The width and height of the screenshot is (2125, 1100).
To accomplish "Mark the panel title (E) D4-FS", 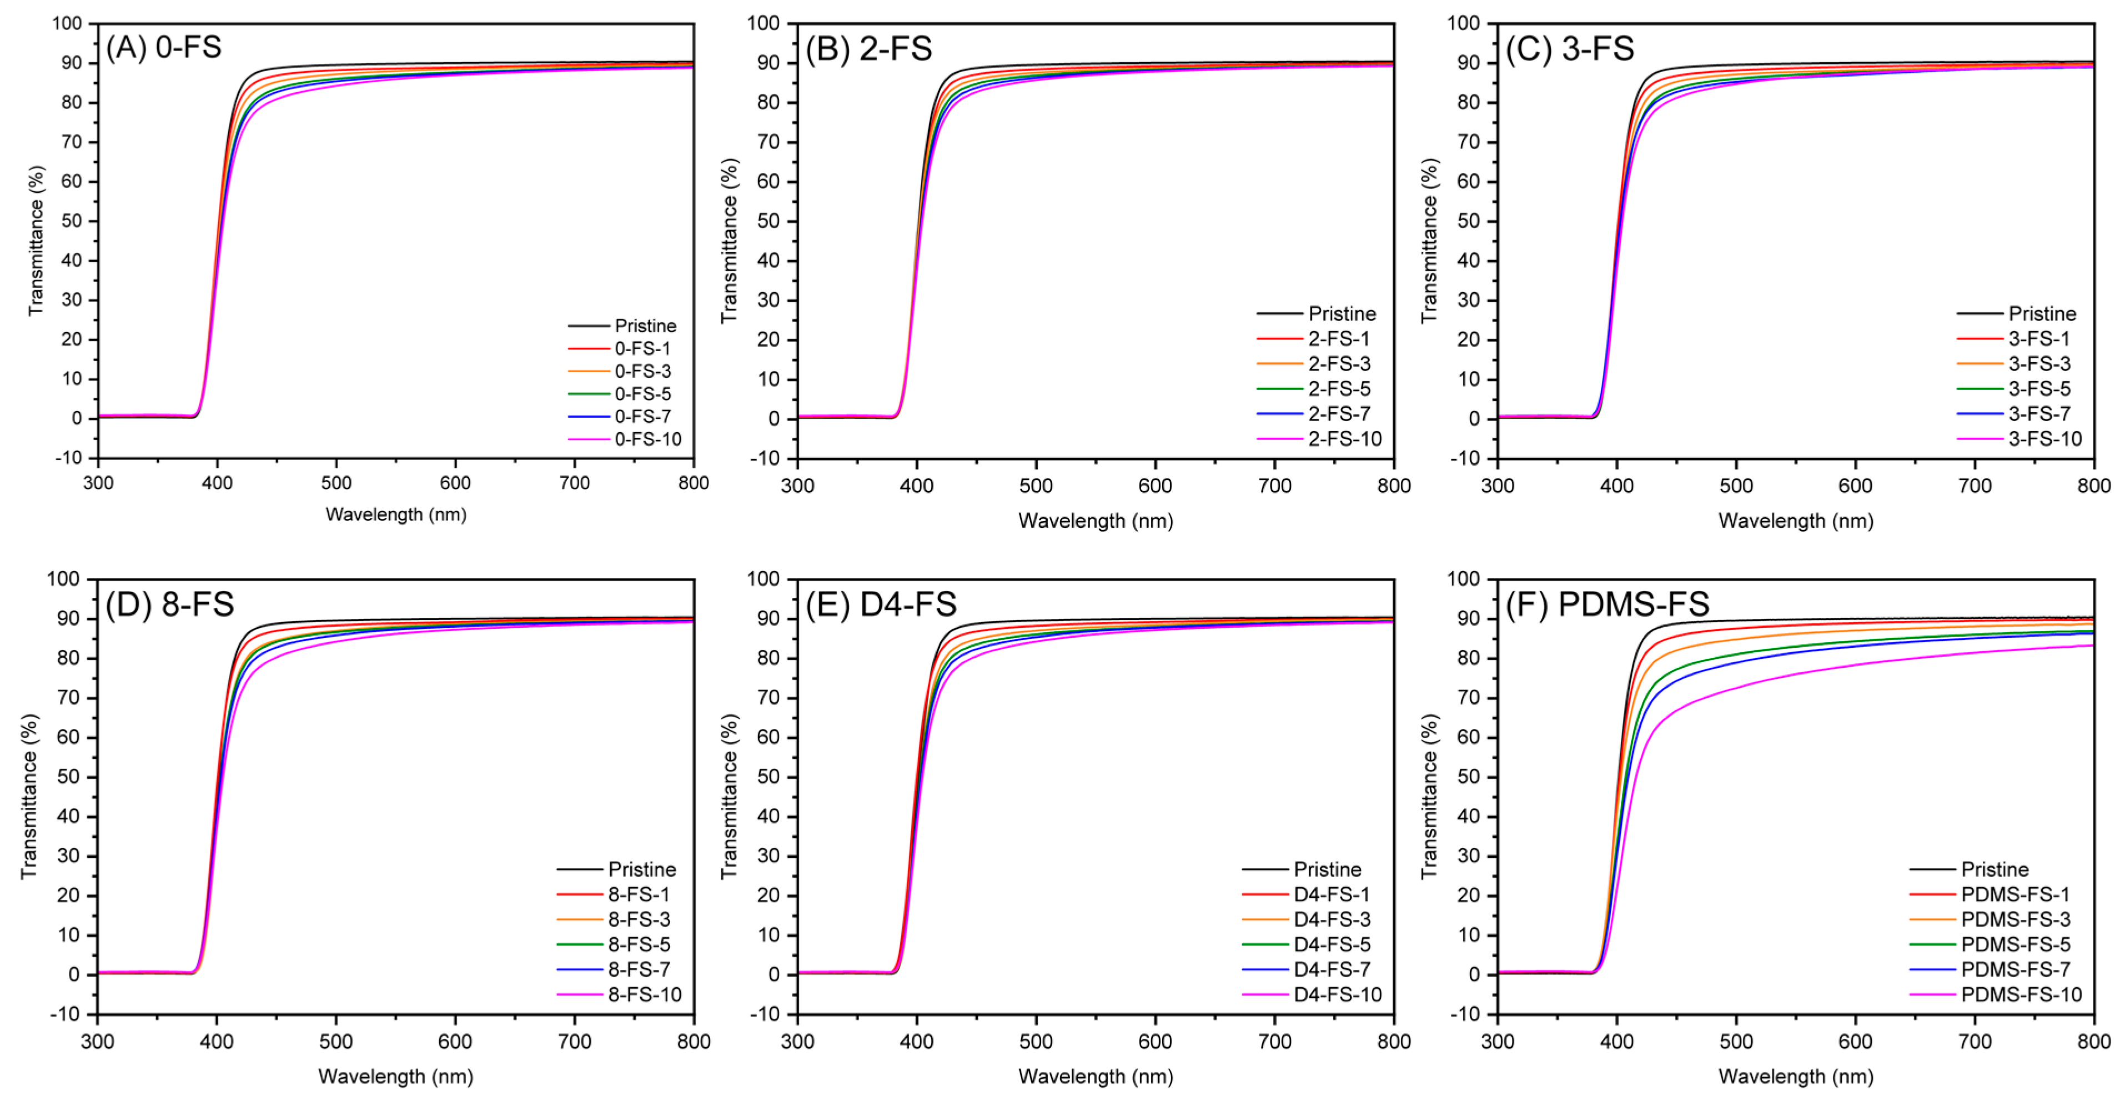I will tap(880, 604).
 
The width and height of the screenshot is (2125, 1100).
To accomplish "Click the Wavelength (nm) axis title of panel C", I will tap(1795, 521).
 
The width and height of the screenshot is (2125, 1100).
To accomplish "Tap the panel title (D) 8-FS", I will tap(169, 604).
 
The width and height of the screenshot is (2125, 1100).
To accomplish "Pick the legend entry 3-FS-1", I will tap(2038, 338).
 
